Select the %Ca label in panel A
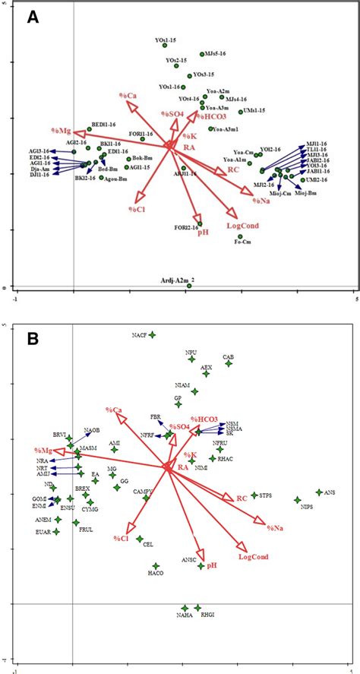point(127,95)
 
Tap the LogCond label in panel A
point(243,226)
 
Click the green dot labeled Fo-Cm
point(239,237)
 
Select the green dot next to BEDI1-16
point(89,130)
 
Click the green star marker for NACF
point(152,334)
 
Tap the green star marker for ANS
point(319,492)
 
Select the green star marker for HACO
point(156,565)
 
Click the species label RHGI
point(202,616)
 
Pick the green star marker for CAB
point(229,364)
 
